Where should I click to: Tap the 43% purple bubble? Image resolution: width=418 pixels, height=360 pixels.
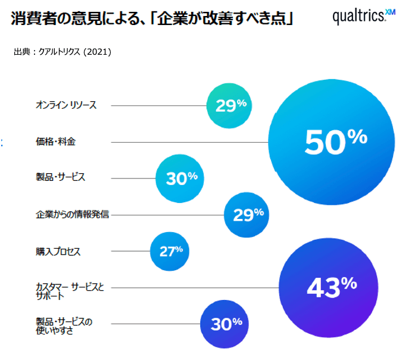pos(329,287)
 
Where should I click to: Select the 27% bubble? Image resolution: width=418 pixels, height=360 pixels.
pos(171,251)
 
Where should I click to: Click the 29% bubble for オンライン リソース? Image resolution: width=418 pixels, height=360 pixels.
pos(229,105)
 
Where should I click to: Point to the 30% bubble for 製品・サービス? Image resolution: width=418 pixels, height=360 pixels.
pos(179,177)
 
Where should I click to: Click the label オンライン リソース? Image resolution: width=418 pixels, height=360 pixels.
pos(65,105)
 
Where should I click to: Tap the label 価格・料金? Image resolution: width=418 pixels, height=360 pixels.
pos(55,142)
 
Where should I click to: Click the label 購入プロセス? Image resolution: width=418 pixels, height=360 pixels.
pos(58,251)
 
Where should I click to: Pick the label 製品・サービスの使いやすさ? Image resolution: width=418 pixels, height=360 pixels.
pos(64,327)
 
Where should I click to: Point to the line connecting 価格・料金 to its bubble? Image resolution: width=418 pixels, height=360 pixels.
pos(191,142)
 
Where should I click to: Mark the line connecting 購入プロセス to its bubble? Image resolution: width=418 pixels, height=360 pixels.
pos(131,251)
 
